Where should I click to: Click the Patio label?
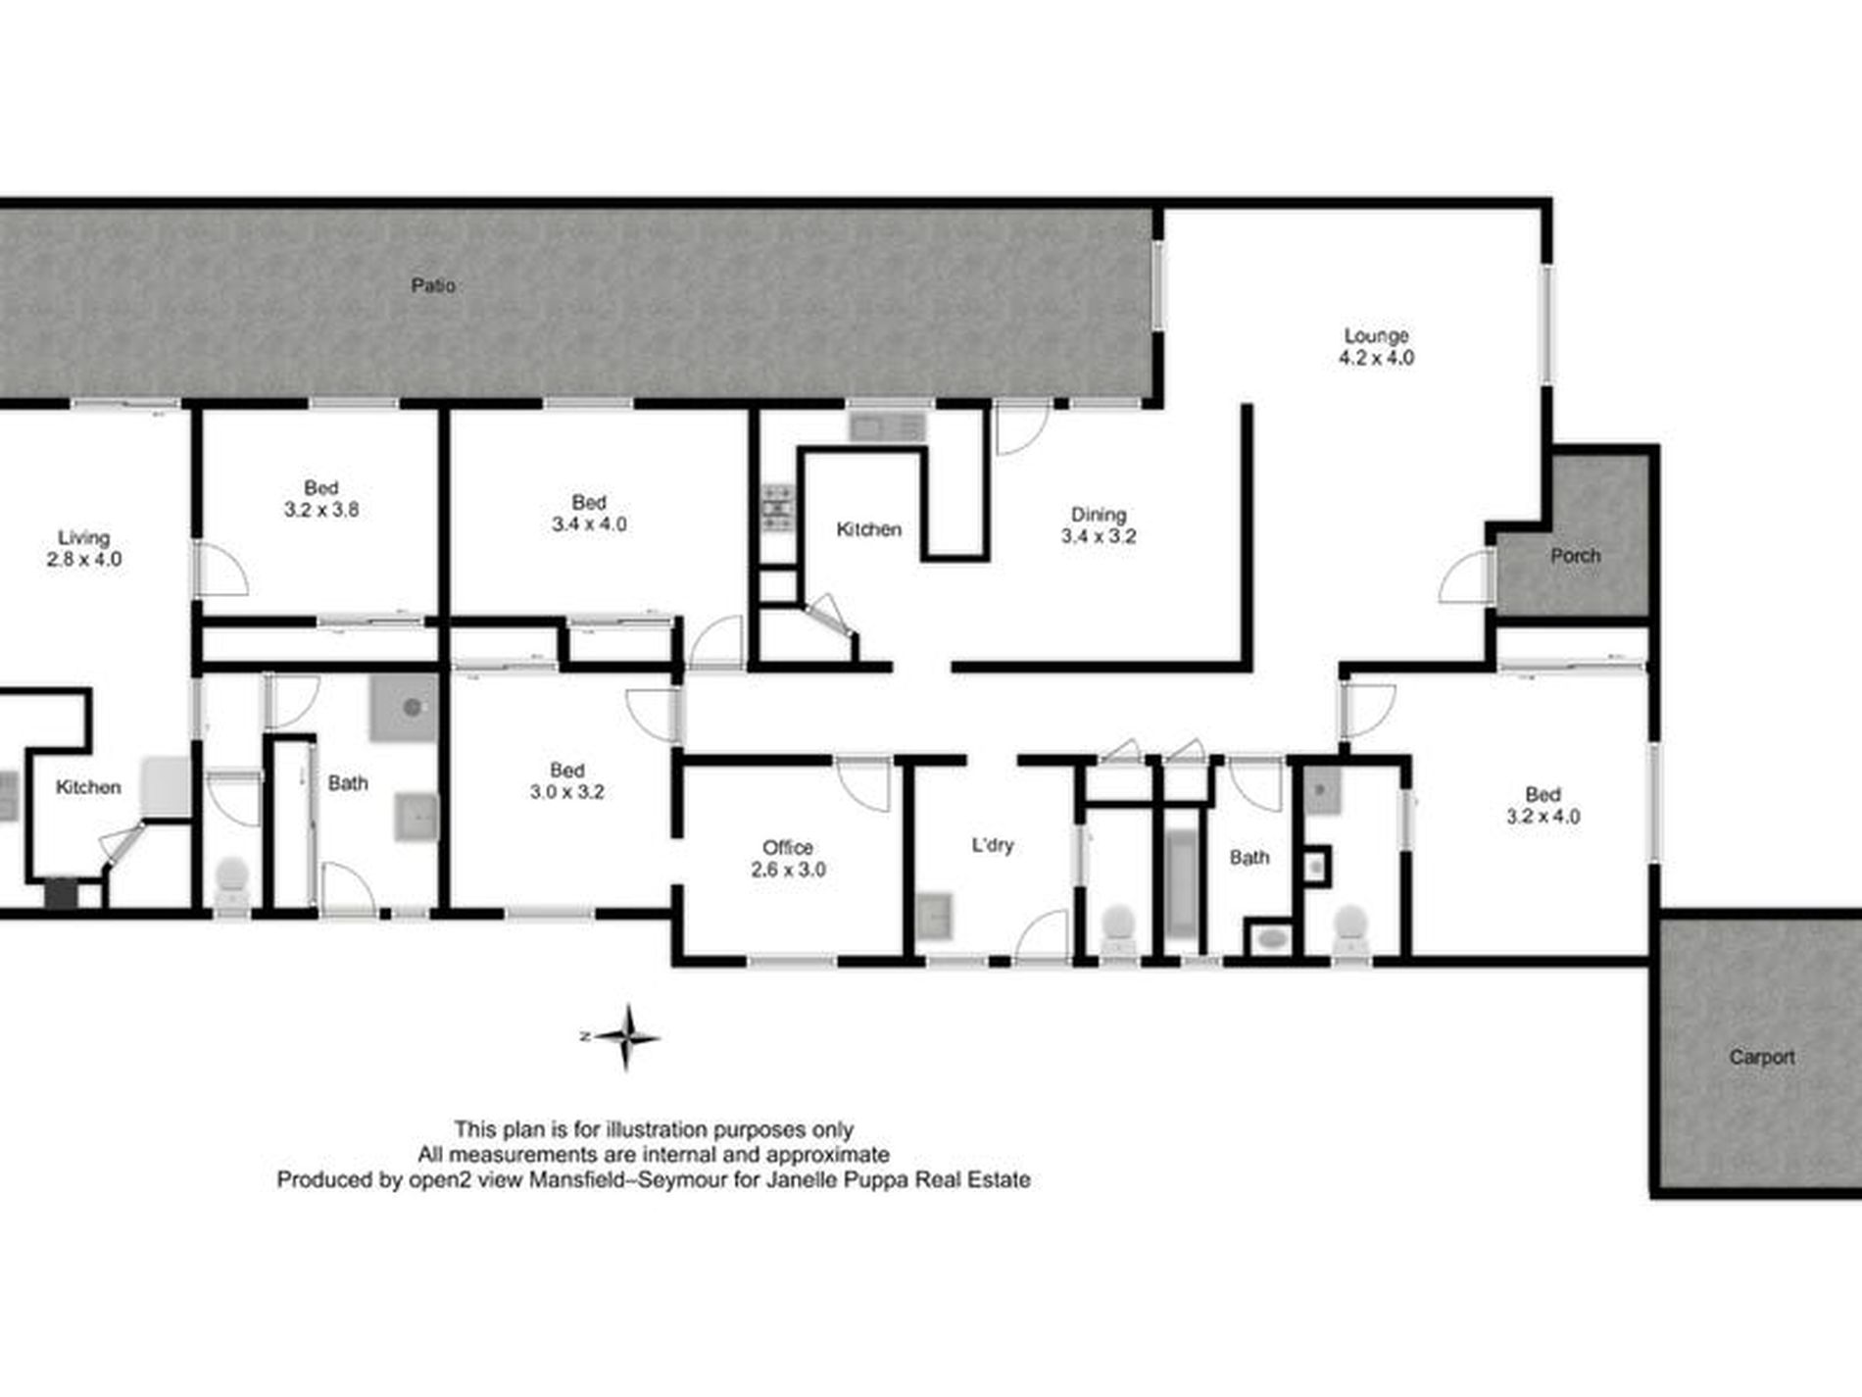pos(432,285)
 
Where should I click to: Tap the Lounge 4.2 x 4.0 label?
pos(1376,347)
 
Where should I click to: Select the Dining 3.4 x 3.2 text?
pos(1098,525)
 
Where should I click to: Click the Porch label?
pos(1575,556)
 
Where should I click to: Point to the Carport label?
pos(1761,1057)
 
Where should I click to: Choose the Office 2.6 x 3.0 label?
pos(788,858)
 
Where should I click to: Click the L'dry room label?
pos(992,845)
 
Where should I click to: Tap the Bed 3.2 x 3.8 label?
pos(320,498)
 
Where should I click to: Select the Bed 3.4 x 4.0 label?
pos(588,513)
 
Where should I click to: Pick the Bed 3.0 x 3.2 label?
pos(566,781)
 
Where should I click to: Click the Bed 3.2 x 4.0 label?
pos(1542,805)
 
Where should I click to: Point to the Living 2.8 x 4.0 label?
pos(83,548)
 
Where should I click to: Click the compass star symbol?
pos(626,1036)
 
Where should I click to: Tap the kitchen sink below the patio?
pos(886,427)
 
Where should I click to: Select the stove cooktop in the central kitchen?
pos(778,508)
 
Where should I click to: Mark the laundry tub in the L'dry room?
pos(933,917)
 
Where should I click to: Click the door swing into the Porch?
pos(1464,578)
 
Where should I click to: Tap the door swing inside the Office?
pos(863,784)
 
